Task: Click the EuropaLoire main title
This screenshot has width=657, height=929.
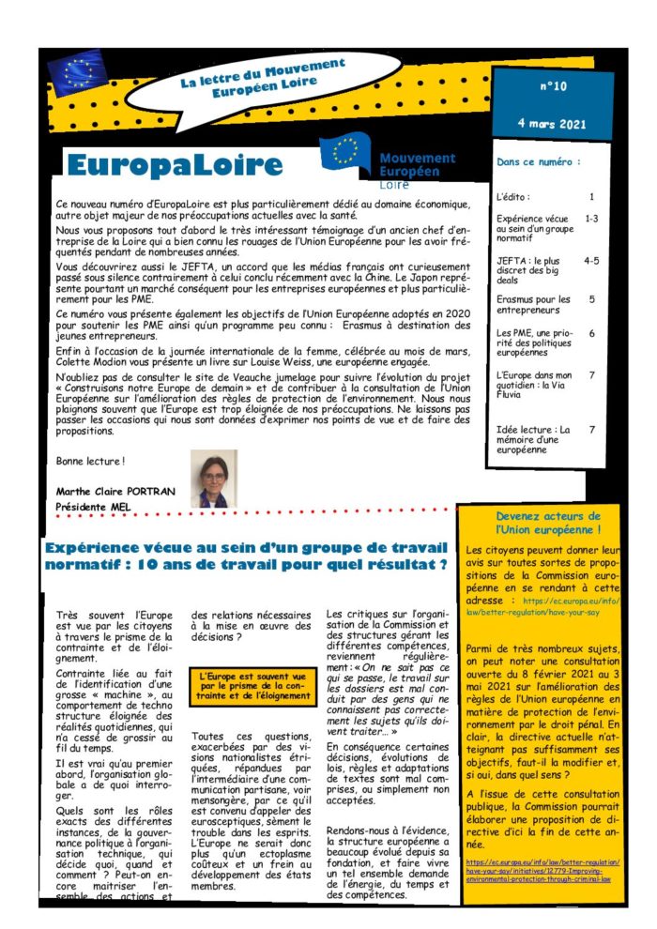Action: point(175,165)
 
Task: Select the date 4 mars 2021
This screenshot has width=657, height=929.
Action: point(552,123)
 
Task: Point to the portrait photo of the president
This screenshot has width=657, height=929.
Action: point(213,479)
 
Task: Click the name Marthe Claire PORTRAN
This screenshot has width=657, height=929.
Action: point(111,492)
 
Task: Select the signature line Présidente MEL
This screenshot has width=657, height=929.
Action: point(94,508)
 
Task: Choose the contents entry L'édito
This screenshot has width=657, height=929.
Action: point(514,198)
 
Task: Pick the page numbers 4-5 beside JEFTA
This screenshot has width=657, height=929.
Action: point(591,260)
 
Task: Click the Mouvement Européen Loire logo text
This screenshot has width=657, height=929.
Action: point(416,165)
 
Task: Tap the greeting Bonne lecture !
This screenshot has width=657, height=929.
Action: point(90,461)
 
